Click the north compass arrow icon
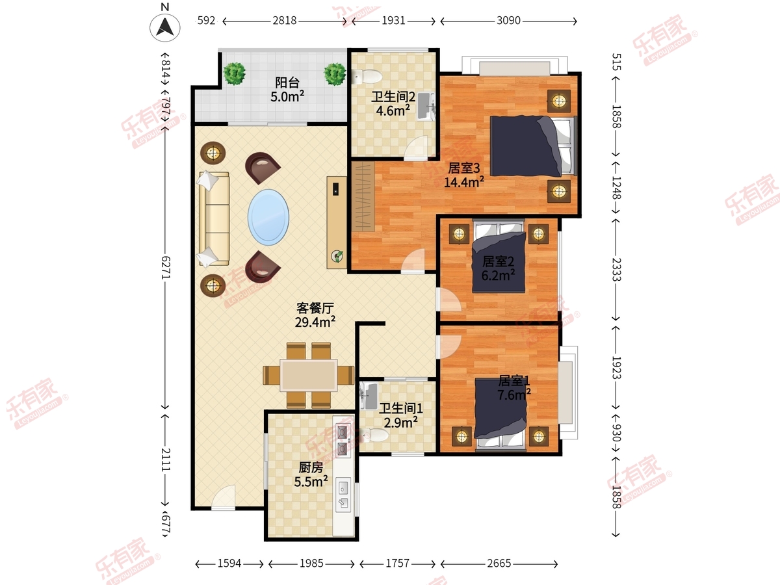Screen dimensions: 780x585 coord(164,28)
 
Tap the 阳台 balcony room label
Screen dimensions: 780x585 coord(287,83)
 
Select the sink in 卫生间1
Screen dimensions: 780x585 coord(369,396)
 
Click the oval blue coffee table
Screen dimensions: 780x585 coord(268,217)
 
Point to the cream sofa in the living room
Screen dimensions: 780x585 coord(214,218)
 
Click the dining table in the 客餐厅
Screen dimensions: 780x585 coord(309,376)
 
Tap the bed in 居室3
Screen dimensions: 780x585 coord(532,146)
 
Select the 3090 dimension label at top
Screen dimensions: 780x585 coord(508,21)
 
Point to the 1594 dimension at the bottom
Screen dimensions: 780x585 coord(229,564)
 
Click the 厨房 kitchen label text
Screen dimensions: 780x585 coord(311,467)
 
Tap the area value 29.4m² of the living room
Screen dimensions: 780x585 coord(315,322)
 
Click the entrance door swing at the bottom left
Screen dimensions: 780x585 coord(224,497)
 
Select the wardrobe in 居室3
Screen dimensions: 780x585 coord(363,196)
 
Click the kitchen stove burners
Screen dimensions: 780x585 coord(342,440)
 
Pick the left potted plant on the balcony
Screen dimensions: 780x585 coord(234,73)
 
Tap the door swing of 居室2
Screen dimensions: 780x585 coord(449,300)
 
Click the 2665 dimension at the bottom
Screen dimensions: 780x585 coord(499,564)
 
